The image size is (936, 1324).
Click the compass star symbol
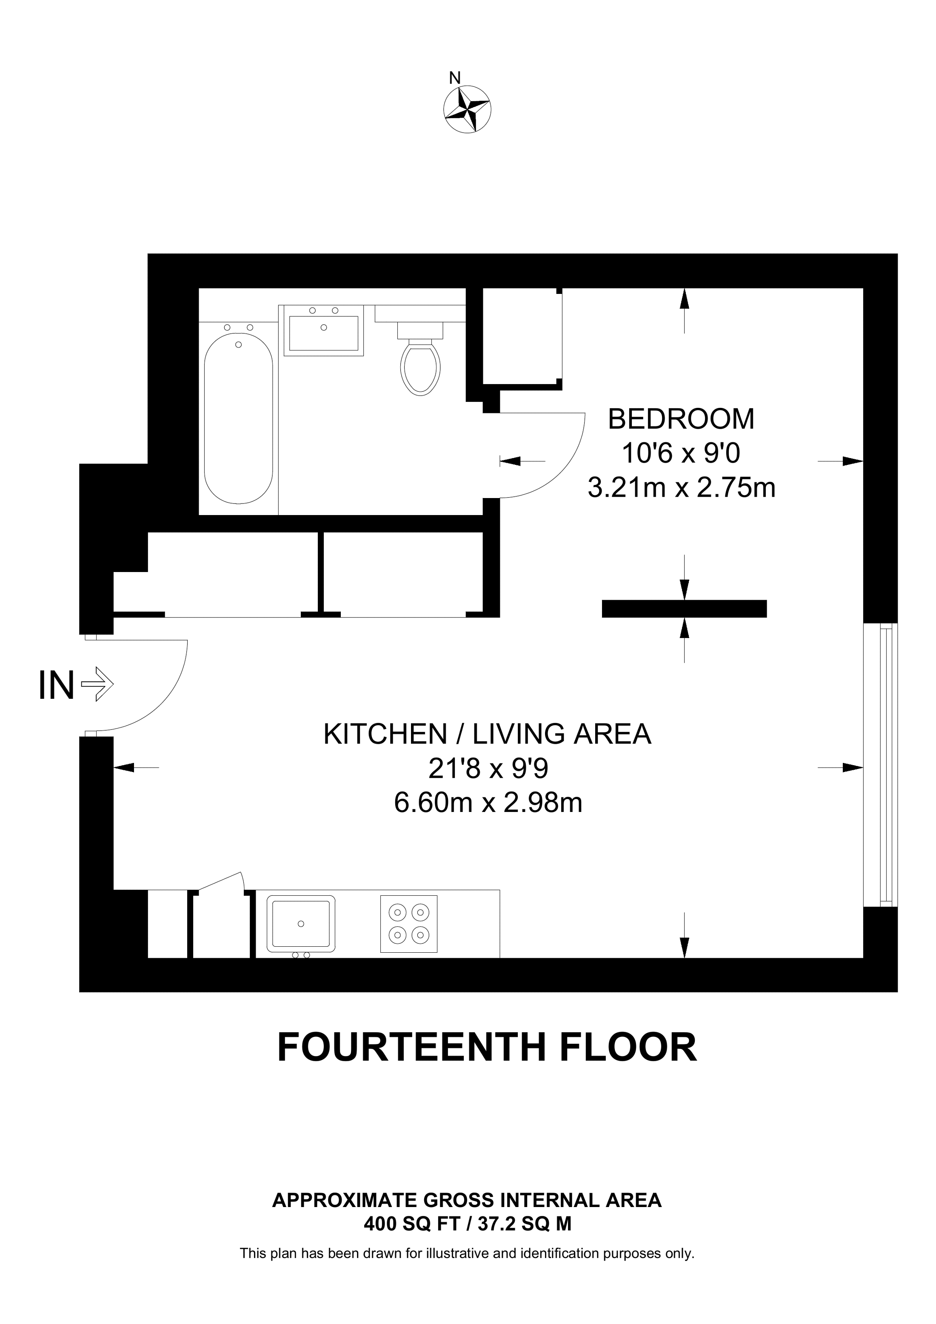pos(467,109)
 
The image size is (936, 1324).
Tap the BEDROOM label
pos(681,419)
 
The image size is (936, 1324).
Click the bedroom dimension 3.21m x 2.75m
pos(681,488)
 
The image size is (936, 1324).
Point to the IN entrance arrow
pos(98,684)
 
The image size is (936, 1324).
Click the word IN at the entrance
pos(56,685)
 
